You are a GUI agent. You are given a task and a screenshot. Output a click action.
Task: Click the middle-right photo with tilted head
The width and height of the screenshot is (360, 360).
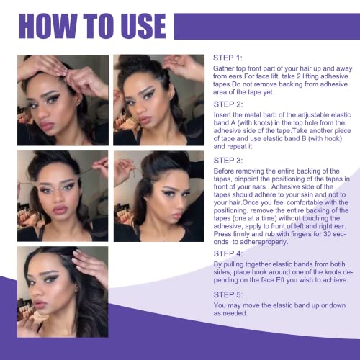(x=158, y=195)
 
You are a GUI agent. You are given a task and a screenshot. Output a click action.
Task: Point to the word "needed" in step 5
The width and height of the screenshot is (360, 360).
(x=236, y=320)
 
